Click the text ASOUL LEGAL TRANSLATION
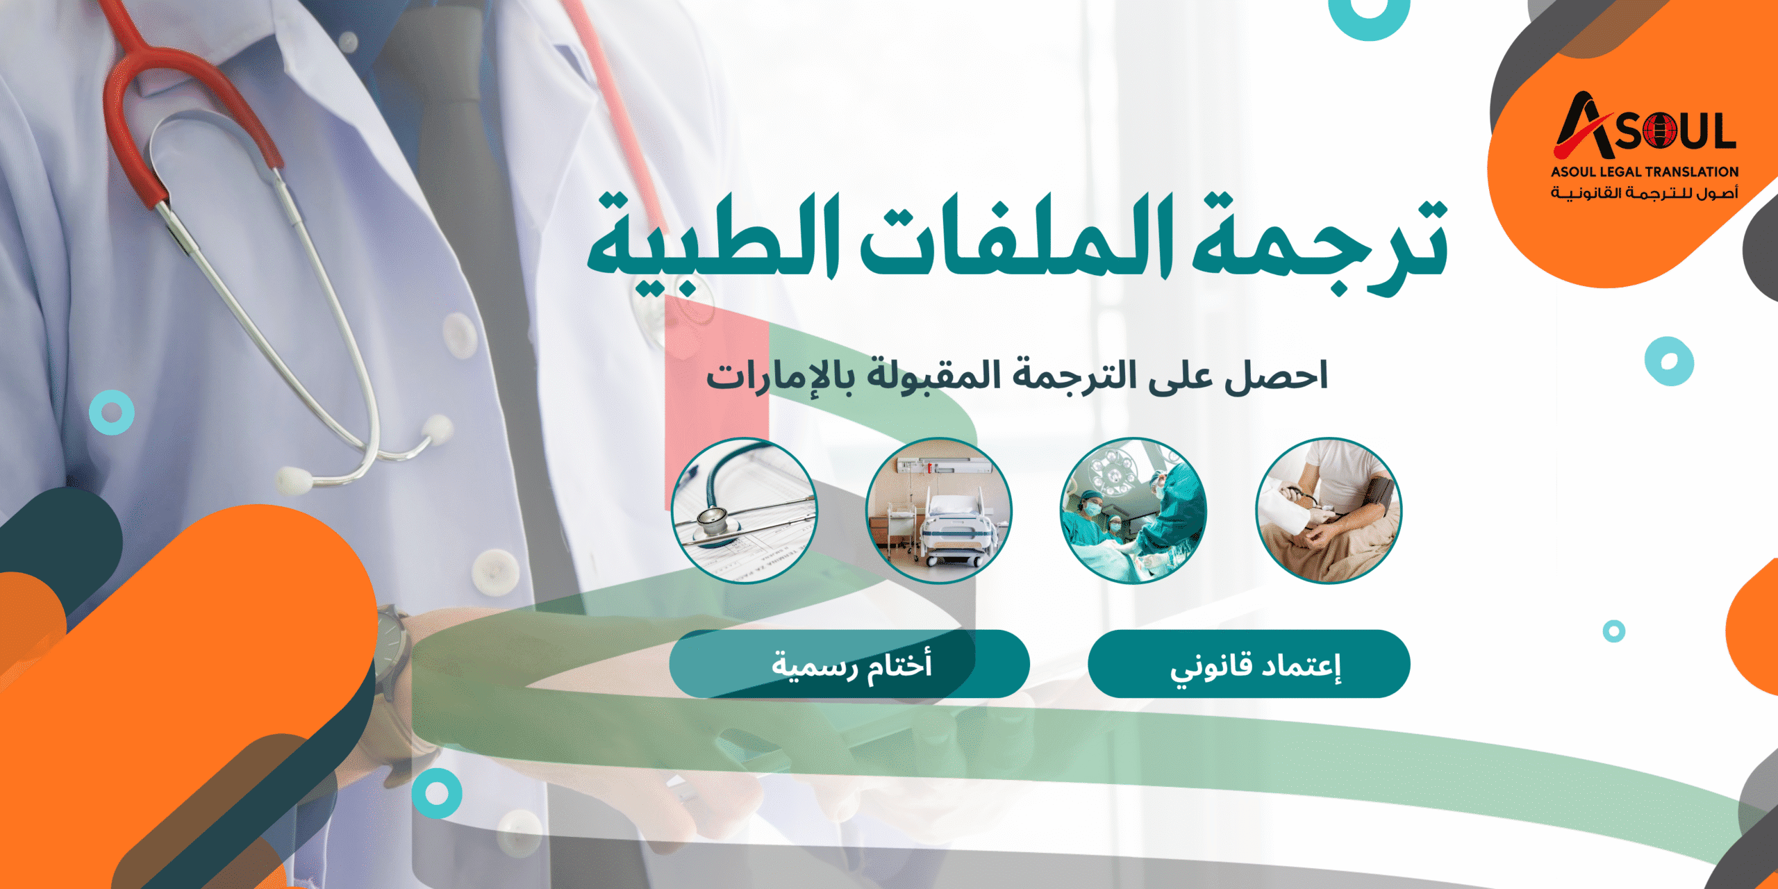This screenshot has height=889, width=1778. (1645, 172)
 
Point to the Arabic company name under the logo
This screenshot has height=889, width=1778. (1645, 192)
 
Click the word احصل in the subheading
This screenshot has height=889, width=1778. (1275, 376)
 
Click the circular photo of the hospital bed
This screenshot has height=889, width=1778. (938, 510)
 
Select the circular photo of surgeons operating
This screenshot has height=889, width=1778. (1133, 510)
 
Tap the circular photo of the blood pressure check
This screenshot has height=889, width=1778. (1328, 510)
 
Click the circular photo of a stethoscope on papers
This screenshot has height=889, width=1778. (744, 510)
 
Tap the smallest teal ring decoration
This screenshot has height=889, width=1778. (1613, 631)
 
